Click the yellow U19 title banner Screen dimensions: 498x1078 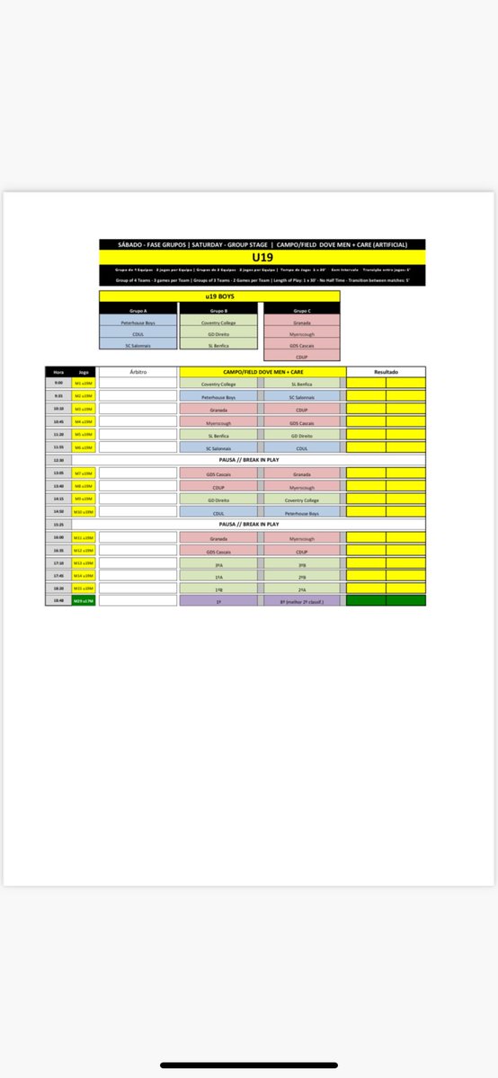coord(262,256)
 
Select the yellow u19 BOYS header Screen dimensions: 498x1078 coord(219,295)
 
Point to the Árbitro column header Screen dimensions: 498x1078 coord(138,371)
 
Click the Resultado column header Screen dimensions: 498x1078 coord(386,371)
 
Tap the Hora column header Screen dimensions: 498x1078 coord(58,371)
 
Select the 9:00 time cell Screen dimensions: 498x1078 coord(58,383)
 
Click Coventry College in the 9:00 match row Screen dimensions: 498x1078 coord(219,383)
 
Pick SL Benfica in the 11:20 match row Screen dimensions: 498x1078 coord(219,435)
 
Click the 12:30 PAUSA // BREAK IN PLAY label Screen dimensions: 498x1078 coord(261,460)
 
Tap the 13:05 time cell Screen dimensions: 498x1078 coord(58,473)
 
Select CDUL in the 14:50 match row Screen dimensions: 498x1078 coord(219,511)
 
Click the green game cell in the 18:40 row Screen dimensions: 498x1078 coord(84,600)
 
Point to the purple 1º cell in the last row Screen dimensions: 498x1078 coord(219,600)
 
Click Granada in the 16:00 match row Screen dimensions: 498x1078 coord(219,537)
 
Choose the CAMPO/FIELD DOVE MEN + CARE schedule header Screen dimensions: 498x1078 coord(261,371)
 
